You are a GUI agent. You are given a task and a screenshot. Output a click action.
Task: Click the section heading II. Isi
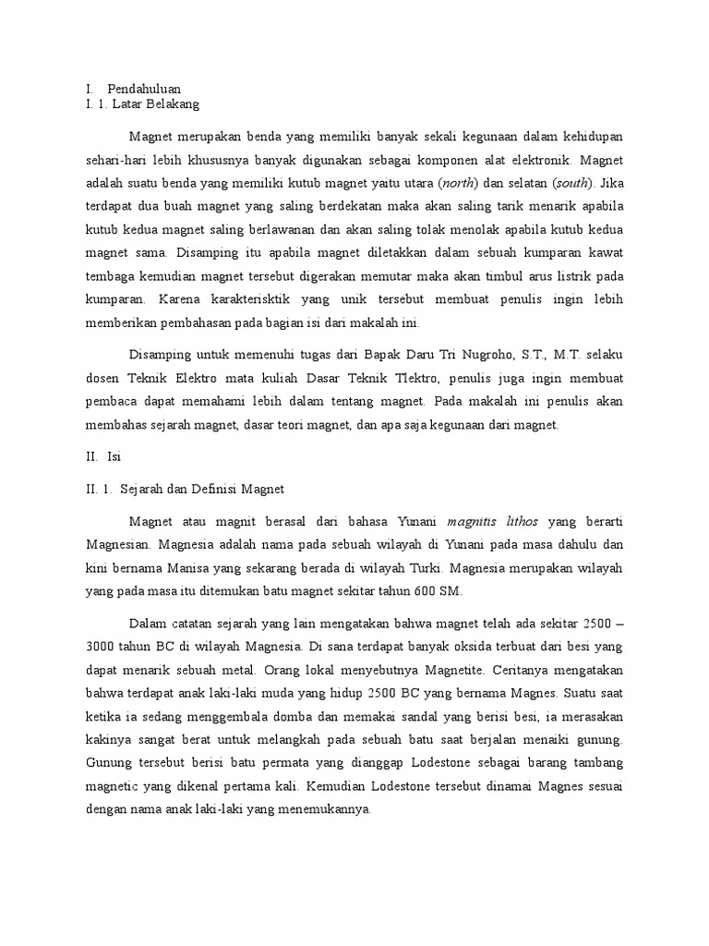click(97, 456)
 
